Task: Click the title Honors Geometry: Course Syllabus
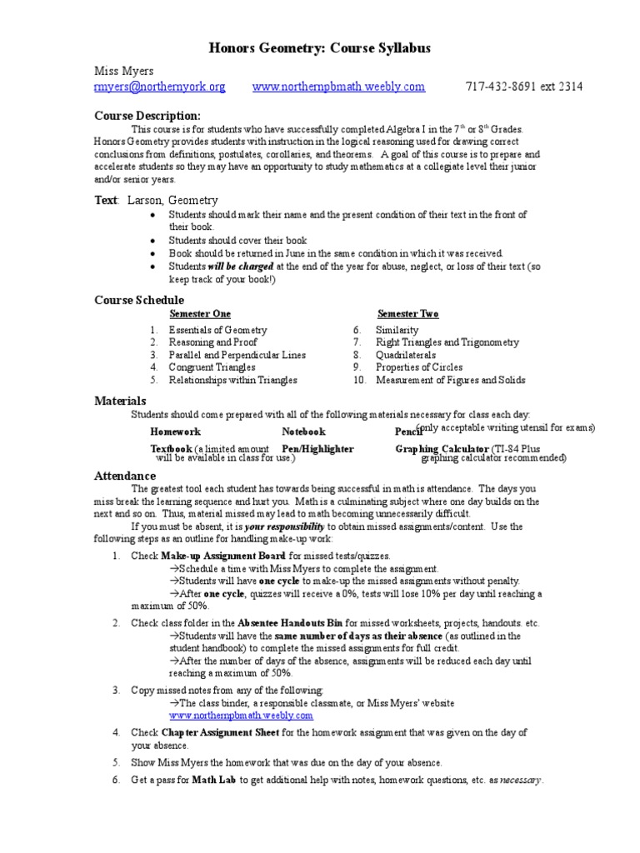319,49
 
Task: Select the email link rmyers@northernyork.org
159,87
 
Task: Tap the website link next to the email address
338,87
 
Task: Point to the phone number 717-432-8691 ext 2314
523,87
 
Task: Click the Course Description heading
147,115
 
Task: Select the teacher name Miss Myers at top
122,72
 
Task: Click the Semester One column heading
200,314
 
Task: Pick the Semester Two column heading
407,314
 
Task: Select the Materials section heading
120,401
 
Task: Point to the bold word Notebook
303,431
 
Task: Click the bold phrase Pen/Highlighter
317,448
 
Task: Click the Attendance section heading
125,476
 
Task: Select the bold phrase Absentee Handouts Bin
290,623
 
